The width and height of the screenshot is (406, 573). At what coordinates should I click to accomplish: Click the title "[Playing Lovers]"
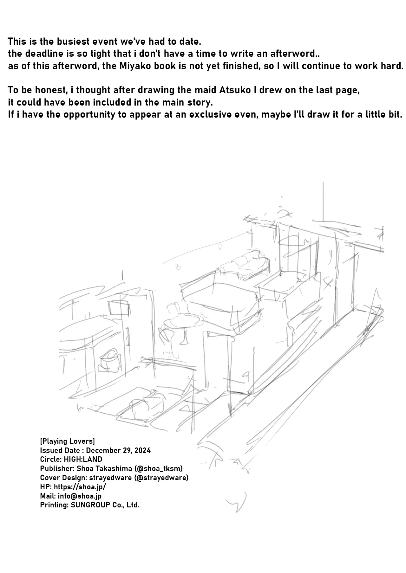68,441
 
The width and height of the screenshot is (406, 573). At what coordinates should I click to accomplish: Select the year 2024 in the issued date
142,450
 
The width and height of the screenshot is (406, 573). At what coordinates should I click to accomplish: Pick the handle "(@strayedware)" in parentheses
161,478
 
